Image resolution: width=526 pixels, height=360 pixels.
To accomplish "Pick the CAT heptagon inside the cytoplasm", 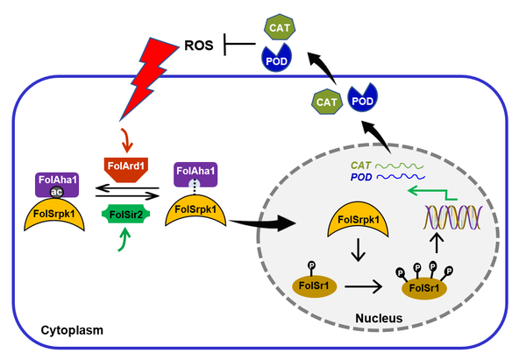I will pos(326,102).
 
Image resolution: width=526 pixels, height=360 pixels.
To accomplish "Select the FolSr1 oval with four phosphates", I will pos(418,286).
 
